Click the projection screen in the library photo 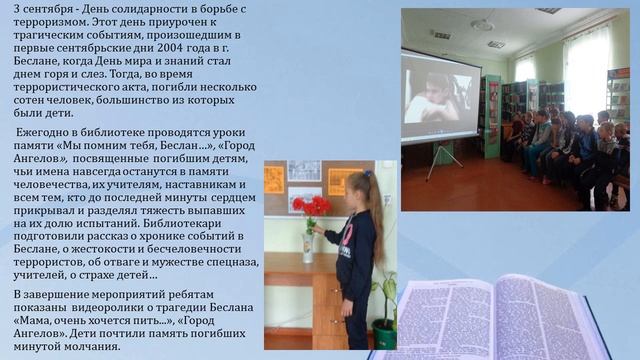pos(441,96)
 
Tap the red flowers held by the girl pos(311,208)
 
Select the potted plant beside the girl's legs pos(383,312)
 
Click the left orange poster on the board pos(274,179)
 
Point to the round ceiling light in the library pos(482,24)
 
